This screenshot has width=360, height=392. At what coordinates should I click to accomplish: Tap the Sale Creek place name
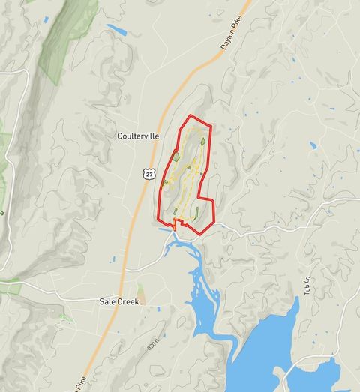[x=118, y=301]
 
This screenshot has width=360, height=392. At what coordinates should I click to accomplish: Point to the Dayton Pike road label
[x=233, y=36]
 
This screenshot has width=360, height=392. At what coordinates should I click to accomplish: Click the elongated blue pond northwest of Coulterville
[x=116, y=30]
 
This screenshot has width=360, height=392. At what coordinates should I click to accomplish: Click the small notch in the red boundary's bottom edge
[x=178, y=223]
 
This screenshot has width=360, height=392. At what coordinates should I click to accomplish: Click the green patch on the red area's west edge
[x=175, y=157]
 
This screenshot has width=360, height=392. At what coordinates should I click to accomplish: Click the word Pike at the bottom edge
[x=80, y=384]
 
